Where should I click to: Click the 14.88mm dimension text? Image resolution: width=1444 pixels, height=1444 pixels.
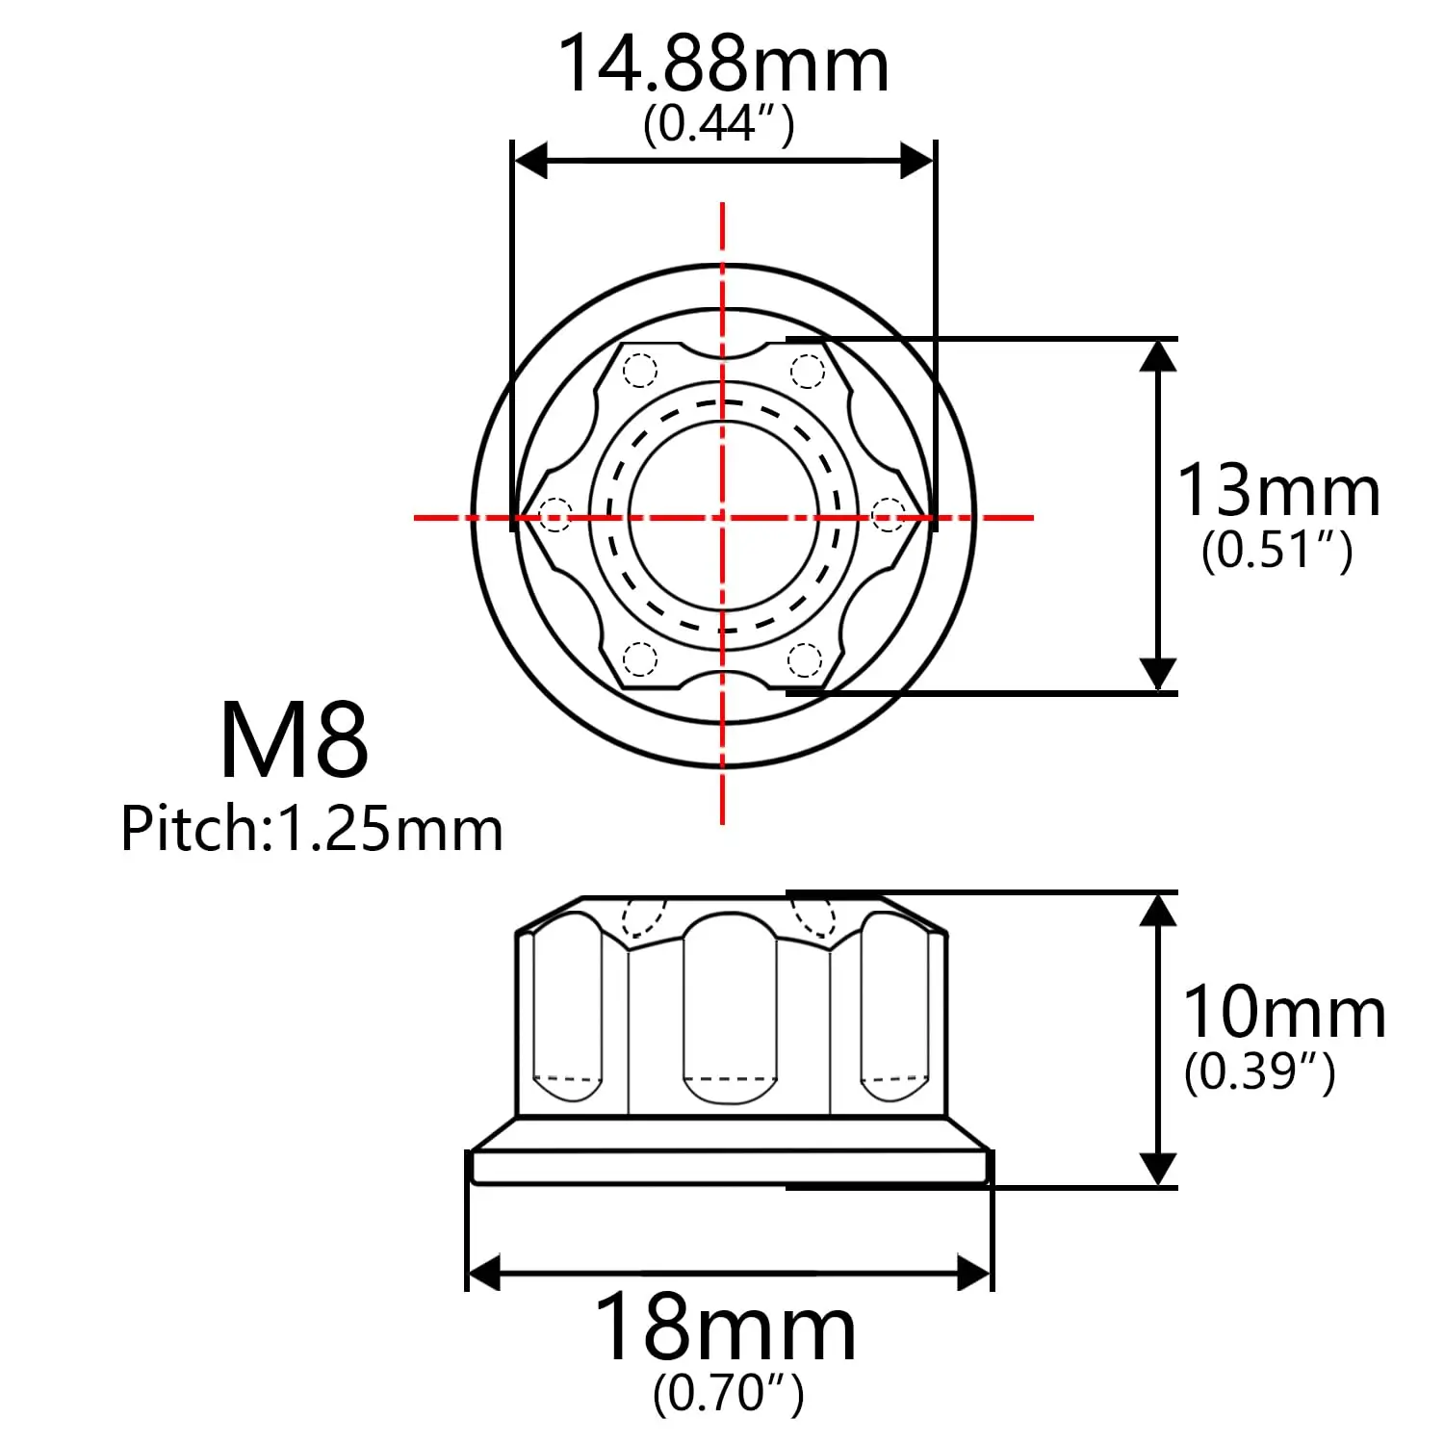click(723, 65)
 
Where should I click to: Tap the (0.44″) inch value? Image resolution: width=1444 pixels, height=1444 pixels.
click(718, 124)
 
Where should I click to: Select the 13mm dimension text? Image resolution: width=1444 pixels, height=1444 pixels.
click(1278, 491)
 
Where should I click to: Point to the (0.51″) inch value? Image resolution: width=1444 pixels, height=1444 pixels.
click(1276, 551)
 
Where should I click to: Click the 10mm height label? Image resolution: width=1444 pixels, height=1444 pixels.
click(1283, 1013)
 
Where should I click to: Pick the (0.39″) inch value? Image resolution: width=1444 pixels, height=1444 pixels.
click(1259, 1071)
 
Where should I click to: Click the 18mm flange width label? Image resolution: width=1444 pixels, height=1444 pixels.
click(725, 1329)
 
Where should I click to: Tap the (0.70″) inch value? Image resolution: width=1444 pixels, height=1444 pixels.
click(728, 1393)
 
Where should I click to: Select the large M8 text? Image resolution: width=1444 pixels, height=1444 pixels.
click(294, 741)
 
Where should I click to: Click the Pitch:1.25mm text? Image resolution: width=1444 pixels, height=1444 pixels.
click(311, 829)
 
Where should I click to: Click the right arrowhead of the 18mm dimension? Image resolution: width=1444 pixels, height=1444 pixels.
click(973, 1273)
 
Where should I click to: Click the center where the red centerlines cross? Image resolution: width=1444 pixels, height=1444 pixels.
click(722, 518)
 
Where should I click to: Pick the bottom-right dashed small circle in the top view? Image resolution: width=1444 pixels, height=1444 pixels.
click(805, 660)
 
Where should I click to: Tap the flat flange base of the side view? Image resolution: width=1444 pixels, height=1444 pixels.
click(729, 1166)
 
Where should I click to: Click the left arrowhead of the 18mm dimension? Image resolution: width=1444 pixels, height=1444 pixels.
click(484, 1273)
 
